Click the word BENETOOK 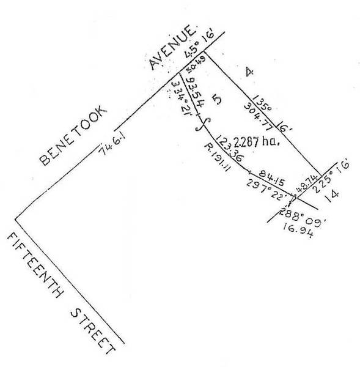click(73, 135)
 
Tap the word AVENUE click(174, 47)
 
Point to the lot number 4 click(249, 72)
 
